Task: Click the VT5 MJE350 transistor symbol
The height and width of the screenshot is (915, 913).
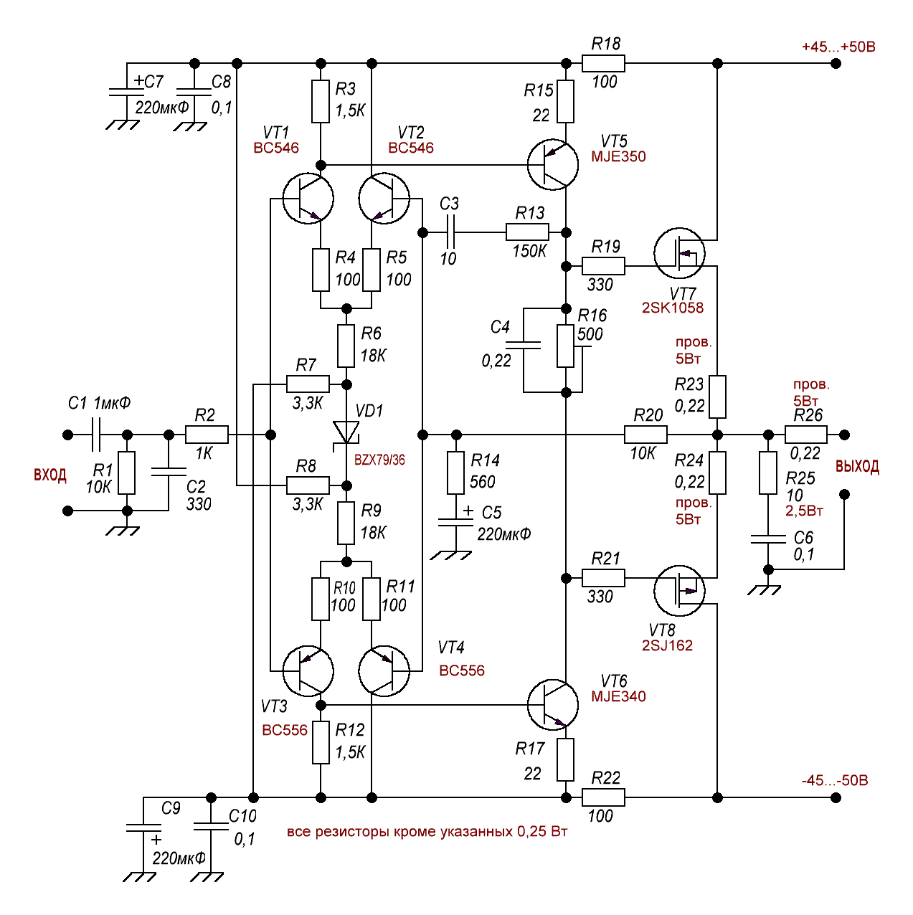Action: click(x=552, y=165)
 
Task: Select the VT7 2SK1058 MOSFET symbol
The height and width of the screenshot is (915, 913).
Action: click(x=679, y=253)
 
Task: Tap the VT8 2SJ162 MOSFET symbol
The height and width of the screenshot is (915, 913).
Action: click(x=679, y=591)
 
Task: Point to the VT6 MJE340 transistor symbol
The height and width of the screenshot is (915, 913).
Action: click(x=552, y=705)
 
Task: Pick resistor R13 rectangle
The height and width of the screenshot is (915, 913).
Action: click(x=527, y=232)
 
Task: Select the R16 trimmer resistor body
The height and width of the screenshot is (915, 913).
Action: click(x=566, y=346)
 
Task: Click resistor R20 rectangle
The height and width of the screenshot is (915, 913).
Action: click(x=645, y=435)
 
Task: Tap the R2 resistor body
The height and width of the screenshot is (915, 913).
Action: click(x=207, y=435)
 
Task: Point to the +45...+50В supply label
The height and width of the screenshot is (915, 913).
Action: click(x=838, y=47)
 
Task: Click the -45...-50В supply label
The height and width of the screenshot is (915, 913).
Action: click(x=834, y=780)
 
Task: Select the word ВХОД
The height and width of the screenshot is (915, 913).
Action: click(x=50, y=475)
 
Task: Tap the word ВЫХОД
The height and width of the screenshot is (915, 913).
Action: click(x=857, y=467)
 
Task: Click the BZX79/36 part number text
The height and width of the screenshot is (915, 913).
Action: click(x=379, y=460)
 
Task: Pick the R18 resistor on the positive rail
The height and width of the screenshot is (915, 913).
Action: click(x=603, y=64)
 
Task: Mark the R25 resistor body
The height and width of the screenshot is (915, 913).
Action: click(x=768, y=473)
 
